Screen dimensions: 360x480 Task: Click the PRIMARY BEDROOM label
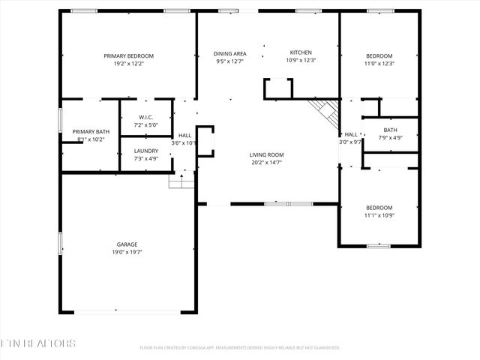pos(128,56)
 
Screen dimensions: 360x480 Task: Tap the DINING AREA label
pos(230,53)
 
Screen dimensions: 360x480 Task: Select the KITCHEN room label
pos(301,52)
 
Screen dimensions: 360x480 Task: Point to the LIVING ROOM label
pos(266,155)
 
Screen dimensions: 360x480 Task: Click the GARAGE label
pos(127,244)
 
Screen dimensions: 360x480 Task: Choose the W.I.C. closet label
pos(145,117)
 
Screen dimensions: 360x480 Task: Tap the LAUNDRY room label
pos(145,151)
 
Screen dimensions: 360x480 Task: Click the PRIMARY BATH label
pos(90,131)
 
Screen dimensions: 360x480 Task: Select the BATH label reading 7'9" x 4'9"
pos(390,130)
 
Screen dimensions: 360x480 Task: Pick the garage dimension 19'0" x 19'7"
pos(127,253)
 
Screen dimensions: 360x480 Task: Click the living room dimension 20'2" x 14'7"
pos(266,163)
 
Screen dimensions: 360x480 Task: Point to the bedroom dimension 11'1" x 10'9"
pos(379,215)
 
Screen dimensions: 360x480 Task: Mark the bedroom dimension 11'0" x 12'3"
pos(379,64)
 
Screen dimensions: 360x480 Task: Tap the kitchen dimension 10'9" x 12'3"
pos(301,61)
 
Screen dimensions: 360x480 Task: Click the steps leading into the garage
pos(181,180)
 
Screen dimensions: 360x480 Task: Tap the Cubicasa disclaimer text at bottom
pos(240,348)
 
